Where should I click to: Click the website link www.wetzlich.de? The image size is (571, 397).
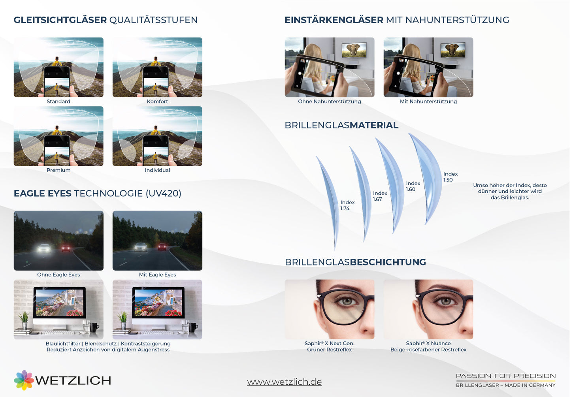tap(284, 382)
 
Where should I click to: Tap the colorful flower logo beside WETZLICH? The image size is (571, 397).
tap(24, 380)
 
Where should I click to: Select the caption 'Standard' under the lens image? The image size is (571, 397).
tap(58, 102)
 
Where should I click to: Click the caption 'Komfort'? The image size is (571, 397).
tap(157, 102)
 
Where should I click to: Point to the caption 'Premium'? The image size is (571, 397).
tap(58, 170)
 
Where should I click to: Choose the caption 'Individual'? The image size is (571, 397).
tap(157, 170)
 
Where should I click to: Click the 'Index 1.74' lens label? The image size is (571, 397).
tap(347, 205)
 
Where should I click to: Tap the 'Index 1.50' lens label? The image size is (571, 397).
tap(450, 177)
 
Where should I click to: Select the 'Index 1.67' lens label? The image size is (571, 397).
tap(380, 196)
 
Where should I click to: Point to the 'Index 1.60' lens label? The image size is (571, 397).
tap(413, 186)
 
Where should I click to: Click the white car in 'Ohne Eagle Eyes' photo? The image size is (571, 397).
tap(44, 248)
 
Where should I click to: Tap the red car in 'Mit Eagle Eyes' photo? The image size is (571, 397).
tap(162, 246)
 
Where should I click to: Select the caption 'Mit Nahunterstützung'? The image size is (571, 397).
tap(428, 102)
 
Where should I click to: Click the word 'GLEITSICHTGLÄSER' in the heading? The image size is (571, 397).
tap(60, 20)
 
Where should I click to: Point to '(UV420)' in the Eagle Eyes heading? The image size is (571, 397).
tap(164, 194)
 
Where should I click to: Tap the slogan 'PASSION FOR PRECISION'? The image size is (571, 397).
tap(506, 376)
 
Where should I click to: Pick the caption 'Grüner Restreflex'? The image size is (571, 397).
tap(329, 350)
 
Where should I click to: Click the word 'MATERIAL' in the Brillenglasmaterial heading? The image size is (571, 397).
tap(374, 125)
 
